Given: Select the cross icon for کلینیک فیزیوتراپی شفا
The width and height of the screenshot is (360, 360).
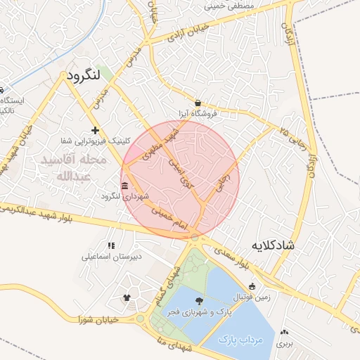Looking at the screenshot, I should [x=95, y=130].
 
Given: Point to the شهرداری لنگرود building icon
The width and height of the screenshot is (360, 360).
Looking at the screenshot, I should [x=124, y=186].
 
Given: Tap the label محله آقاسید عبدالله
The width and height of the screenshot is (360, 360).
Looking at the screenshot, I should [x=73, y=167].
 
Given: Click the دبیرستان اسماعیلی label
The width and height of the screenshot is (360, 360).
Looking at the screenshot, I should [x=112, y=256].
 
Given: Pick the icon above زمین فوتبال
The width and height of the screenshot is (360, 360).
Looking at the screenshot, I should [x=252, y=286].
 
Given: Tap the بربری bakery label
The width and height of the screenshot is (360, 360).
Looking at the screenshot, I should [x=283, y=345].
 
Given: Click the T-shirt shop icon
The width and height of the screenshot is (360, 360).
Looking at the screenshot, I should [x=127, y=297].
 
